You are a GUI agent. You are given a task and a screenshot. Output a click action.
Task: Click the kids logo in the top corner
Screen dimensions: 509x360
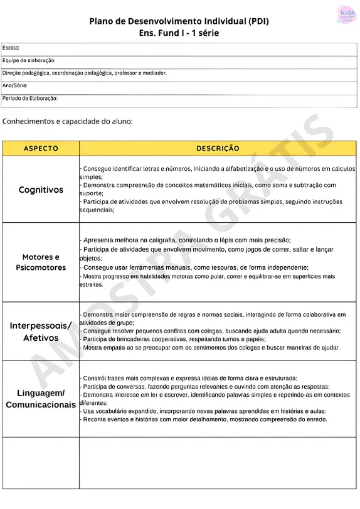(346, 14)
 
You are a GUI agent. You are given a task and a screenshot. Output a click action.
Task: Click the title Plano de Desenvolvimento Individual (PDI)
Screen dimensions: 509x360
(179, 21)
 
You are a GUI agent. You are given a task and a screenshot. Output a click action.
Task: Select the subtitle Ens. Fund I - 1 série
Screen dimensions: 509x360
(179, 33)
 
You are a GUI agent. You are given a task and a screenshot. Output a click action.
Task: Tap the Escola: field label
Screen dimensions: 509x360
(11, 48)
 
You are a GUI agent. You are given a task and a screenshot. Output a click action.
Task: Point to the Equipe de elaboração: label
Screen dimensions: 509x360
(29, 60)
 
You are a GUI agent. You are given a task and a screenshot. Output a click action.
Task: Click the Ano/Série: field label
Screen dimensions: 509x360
(15, 85)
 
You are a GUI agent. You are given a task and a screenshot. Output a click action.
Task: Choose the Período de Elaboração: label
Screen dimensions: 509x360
(30, 99)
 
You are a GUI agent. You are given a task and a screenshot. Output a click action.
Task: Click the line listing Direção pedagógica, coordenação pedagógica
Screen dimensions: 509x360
(85, 73)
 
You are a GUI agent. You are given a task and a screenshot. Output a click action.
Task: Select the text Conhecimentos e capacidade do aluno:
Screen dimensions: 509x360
(68, 121)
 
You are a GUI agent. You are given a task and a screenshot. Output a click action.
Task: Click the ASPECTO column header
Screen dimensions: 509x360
(41, 149)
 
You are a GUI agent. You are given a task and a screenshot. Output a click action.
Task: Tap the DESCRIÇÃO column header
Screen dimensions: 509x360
(218, 149)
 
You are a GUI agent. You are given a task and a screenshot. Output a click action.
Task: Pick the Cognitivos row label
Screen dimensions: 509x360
(41, 190)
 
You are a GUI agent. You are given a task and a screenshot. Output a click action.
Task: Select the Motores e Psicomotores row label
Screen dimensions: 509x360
(41, 262)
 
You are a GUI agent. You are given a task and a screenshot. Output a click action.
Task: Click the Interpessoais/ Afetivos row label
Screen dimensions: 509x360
(41, 331)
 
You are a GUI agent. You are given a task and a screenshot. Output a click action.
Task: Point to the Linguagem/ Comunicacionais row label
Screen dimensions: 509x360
(41, 399)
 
